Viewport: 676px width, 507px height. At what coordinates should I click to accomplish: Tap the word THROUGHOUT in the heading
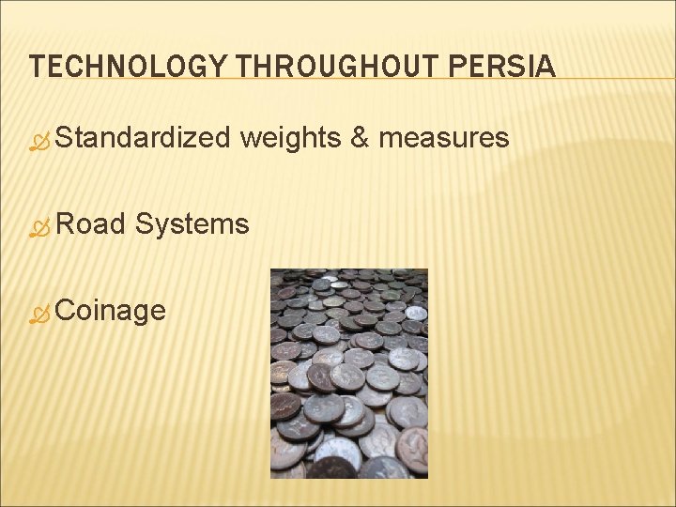coord(337,68)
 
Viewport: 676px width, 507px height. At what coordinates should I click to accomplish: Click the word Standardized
coord(142,139)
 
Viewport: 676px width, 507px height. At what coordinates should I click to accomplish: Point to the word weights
coord(289,139)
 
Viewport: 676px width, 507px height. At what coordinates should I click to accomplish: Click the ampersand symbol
coord(358,139)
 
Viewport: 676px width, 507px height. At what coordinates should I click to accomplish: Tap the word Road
coord(90,223)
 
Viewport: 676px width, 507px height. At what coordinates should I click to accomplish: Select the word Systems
coord(192,223)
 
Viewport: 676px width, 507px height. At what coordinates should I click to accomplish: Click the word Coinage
coord(110,310)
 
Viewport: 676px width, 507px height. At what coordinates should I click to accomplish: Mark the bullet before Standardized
coord(39,142)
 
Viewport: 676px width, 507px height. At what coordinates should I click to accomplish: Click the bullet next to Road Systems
coord(39,226)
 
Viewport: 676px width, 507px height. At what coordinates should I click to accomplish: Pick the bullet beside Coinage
coord(39,313)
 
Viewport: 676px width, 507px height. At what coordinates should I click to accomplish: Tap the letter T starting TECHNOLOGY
coord(37,68)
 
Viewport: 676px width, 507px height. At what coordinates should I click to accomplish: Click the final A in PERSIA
coord(546,68)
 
